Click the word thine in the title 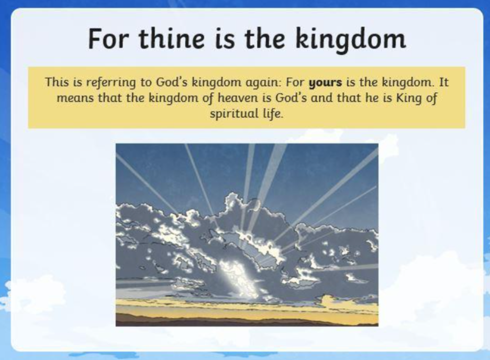pyautogui.click(x=172, y=39)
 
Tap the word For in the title pyautogui.click(x=108, y=39)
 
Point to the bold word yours pyautogui.click(x=325, y=83)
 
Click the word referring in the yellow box pyautogui.click(x=111, y=83)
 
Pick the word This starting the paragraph pyautogui.click(x=57, y=82)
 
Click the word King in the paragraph pyautogui.click(x=408, y=99)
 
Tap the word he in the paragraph pyautogui.click(x=372, y=98)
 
